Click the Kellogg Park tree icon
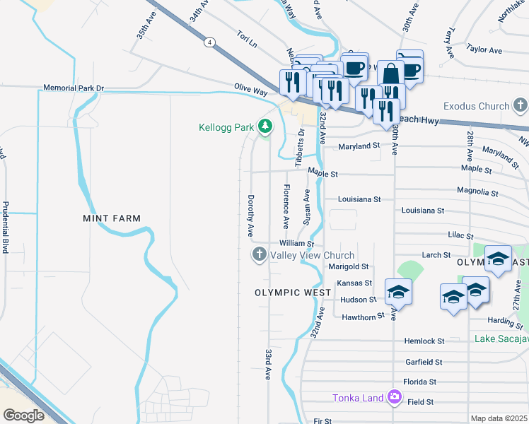[x=265, y=127]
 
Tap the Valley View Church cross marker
[x=260, y=254]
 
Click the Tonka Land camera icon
[x=395, y=398]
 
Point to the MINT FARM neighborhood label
[x=112, y=218]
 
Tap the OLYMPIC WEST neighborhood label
[x=289, y=292]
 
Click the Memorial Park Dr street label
[x=74, y=88]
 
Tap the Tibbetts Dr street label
[x=301, y=146]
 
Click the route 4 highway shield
[x=209, y=42]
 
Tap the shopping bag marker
[x=390, y=73]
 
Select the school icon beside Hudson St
[x=398, y=293]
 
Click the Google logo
[x=23, y=415]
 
